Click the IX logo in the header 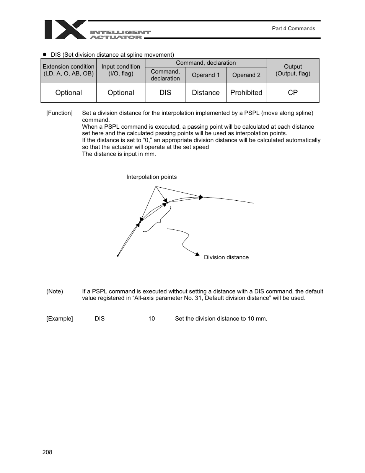click(x=65, y=29)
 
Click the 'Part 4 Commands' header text click(x=293, y=28)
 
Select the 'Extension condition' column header click(x=68, y=70)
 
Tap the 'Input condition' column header click(x=121, y=70)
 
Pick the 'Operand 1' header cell click(x=205, y=75)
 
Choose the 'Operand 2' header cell click(x=246, y=75)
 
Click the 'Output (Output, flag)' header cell click(x=293, y=70)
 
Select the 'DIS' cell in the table click(x=165, y=93)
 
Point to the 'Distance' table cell click(x=205, y=93)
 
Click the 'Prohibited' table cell click(x=246, y=93)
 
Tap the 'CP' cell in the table click(x=293, y=93)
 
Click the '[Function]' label click(x=59, y=113)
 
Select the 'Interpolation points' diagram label click(x=152, y=177)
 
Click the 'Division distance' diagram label click(x=226, y=257)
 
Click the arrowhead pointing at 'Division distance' click(x=197, y=254)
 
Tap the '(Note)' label click(x=55, y=291)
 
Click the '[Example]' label click(x=59, y=319)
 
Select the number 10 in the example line click(x=152, y=319)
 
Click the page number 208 click(x=47, y=452)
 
